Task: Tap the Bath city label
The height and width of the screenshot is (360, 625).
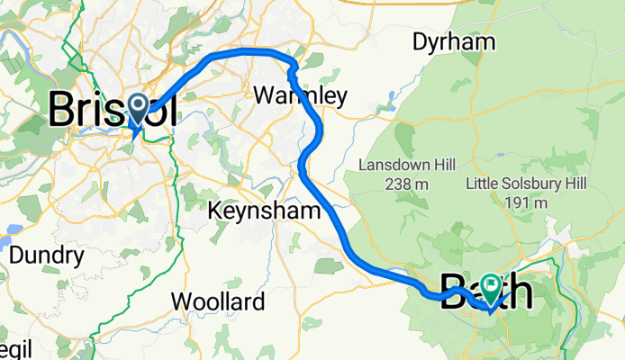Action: (486, 293)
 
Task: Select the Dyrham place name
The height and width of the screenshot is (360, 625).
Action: (454, 41)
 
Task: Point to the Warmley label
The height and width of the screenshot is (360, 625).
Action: (300, 94)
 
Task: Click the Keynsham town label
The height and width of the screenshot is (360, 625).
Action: (265, 211)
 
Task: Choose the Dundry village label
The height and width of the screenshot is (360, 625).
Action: (46, 255)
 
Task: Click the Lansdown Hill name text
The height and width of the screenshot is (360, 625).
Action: (407, 166)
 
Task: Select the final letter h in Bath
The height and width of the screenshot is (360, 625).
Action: (518, 293)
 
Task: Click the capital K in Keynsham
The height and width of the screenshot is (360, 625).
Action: (216, 211)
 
